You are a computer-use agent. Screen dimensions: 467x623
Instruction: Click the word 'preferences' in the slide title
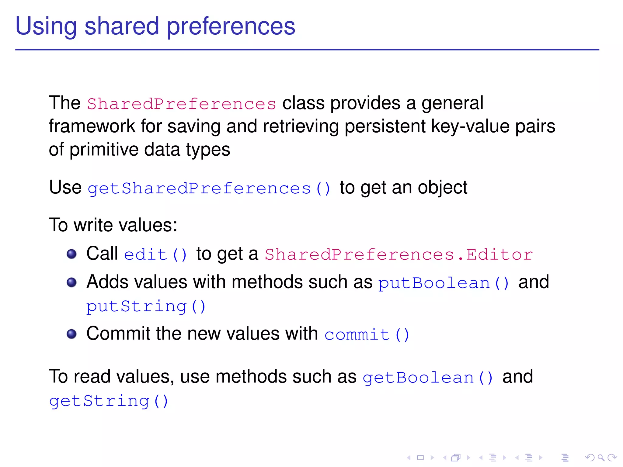pyautogui.click(x=231, y=27)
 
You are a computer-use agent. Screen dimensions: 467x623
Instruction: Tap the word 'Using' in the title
pyautogui.click(x=46, y=27)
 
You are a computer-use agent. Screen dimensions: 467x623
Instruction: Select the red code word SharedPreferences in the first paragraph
pyautogui.click(x=182, y=104)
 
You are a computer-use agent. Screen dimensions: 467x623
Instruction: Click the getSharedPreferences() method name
pyautogui.click(x=209, y=189)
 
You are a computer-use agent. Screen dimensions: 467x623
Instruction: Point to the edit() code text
pyautogui.click(x=156, y=254)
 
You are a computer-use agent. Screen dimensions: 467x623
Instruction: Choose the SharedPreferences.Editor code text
pyautogui.click(x=399, y=254)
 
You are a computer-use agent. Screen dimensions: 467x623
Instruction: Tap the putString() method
pyautogui.click(x=146, y=306)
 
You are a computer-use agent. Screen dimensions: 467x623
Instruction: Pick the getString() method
pyautogui.click(x=109, y=401)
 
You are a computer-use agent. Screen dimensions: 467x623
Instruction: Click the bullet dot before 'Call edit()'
pyautogui.click(x=71, y=254)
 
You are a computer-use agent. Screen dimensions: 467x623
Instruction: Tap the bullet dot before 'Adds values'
pyautogui.click(x=71, y=282)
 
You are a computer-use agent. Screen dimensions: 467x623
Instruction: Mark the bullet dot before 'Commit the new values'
pyautogui.click(x=71, y=334)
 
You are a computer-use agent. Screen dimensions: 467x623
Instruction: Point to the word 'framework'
pyautogui.click(x=92, y=126)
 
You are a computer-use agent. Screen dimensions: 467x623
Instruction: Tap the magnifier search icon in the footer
pyautogui.click(x=600, y=458)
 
